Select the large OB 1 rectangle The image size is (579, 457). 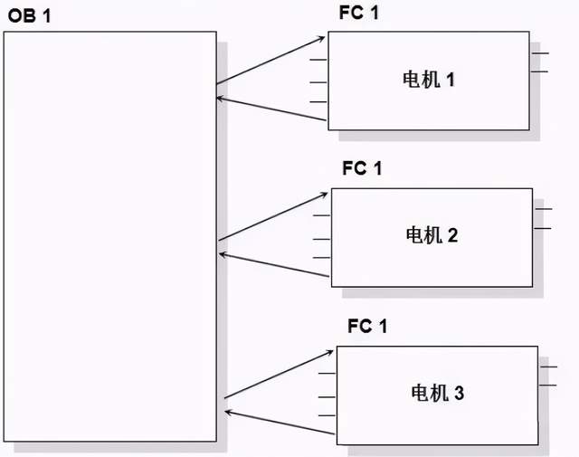pos(109,235)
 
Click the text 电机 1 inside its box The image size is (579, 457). pos(429,80)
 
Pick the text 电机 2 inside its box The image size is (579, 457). pos(432,235)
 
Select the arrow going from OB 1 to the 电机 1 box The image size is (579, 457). pos(271,60)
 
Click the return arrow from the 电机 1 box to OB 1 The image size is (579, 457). pos(271,106)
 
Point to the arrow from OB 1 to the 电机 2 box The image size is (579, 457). pos(274,216)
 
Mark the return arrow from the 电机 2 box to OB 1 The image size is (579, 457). pos(274,264)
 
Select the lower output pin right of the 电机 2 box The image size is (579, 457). pos(543,228)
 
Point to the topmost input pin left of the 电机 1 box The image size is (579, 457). pos(318,61)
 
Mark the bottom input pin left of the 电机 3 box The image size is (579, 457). pos(327,415)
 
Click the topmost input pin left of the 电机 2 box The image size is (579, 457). pos(321,216)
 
